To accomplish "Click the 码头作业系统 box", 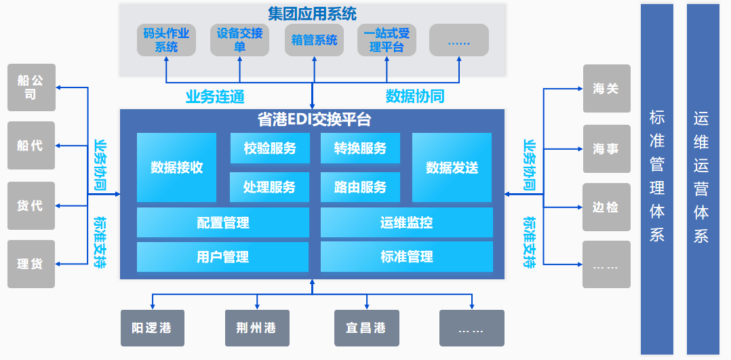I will [166, 40].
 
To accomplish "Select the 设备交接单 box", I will [239, 40].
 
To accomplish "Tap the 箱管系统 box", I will [314, 40].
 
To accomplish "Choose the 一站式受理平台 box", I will [386, 40].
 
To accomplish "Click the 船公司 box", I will [31, 87].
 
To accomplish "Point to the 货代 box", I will [31, 205].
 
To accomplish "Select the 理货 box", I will [31, 264].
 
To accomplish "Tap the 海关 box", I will [606, 88].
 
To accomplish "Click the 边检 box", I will [606, 207].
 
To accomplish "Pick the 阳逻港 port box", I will [151, 328].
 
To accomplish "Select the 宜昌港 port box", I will [366, 328].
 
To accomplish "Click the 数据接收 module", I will [176, 167].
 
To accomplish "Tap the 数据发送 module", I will [452, 167].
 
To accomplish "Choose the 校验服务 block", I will [270, 148].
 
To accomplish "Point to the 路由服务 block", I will [360, 187].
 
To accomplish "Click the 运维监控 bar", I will [406, 222].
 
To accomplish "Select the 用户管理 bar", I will [222, 257].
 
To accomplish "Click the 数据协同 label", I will [415, 96].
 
